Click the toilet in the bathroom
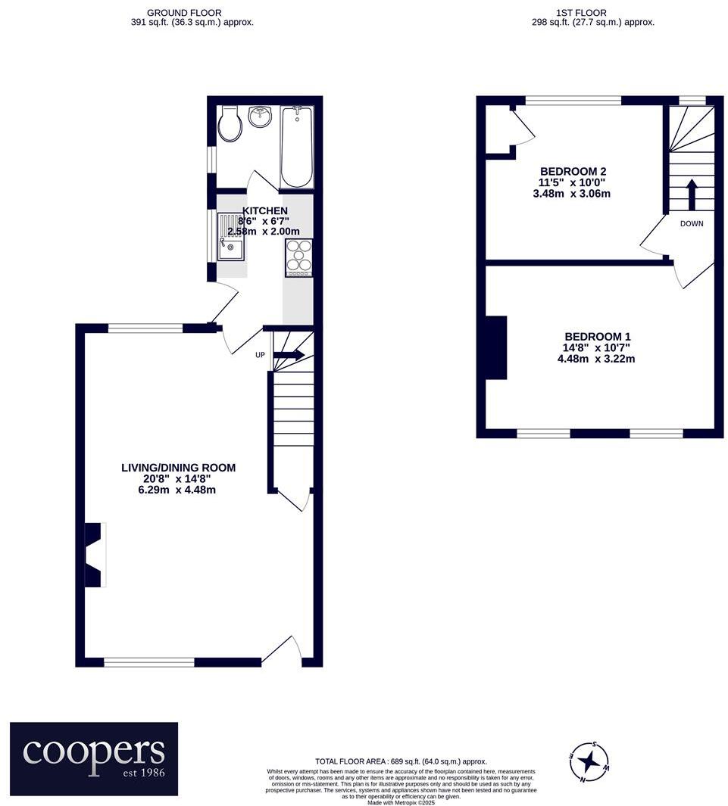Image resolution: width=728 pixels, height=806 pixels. click(x=230, y=126)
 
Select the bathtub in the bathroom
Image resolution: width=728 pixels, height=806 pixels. click(x=297, y=147)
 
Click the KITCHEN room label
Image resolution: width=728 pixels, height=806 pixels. click(x=264, y=210)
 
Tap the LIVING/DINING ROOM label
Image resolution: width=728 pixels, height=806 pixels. click(x=179, y=468)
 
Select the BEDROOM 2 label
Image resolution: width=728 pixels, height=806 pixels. click(x=572, y=172)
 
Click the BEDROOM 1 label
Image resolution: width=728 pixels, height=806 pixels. click(x=597, y=337)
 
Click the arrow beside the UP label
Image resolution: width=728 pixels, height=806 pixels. click(x=289, y=355)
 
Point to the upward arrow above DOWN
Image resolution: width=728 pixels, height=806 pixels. click(x=692, y=194)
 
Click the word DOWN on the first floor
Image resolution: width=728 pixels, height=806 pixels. click(x=692, y=224)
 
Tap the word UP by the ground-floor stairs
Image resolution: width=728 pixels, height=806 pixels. click(x=260, y=355)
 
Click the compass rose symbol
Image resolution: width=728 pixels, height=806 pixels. click(x=589, y=760)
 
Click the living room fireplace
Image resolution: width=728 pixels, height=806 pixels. click(x=94, y=555)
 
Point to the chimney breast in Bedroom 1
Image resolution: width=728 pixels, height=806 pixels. click(x=495, y=347)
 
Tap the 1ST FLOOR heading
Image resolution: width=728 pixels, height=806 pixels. click(x=580, y=13)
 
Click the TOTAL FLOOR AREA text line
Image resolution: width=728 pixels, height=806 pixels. click(x=401, y=761)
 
